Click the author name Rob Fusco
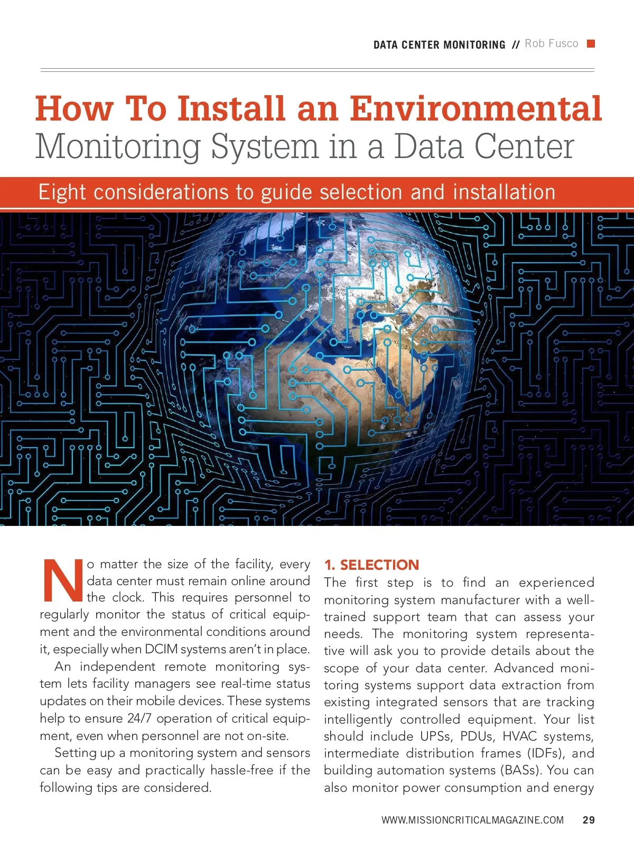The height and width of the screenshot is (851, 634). coord(551,44)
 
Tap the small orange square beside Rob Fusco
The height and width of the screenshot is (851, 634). coord(591,43)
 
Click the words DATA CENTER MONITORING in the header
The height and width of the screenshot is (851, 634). coord(439,45)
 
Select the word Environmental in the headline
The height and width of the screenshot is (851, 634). coord(475,108)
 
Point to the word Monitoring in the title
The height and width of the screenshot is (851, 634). coord(118,146)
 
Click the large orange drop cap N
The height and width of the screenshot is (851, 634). coord(62,580)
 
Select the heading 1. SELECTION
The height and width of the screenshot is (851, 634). coord(371,565)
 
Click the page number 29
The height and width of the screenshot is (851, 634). coord(589,820)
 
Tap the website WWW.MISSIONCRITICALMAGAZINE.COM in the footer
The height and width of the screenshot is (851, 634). coord(472,820)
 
